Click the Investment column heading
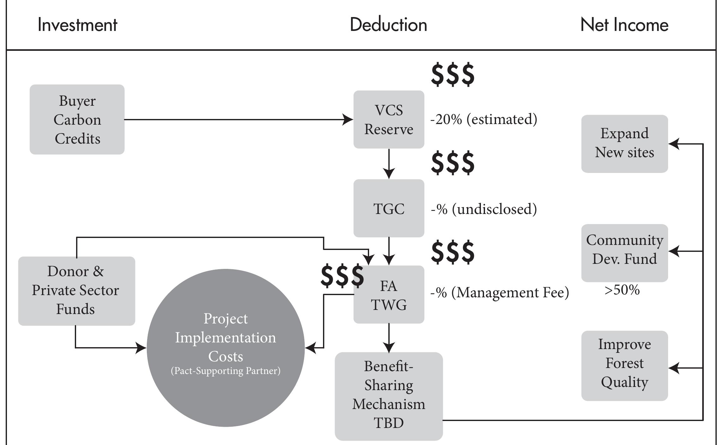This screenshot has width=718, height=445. [x=77, y=25]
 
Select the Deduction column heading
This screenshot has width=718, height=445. [x=388, y=25]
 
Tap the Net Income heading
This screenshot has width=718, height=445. [x=624, y=25]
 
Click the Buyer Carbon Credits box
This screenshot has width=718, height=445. [x=77, y=120]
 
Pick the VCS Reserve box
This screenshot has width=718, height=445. [x=389, y=120]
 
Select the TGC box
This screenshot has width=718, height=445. [x=389, y=208]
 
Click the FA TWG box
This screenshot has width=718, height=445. [x=389, y=295]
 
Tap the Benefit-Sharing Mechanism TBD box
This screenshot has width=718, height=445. [x=389, y=396]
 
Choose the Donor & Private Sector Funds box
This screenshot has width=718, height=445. [x=76, y=291]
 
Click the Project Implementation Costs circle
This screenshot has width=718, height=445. [x=225, y=338]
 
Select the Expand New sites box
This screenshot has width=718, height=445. [x=624, y=144]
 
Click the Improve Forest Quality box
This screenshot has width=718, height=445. [x=624, y=365]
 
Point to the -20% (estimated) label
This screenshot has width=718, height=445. [x=483, y=120]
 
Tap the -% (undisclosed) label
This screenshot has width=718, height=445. [x=483, y=209]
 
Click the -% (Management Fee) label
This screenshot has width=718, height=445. [x=500, y=293]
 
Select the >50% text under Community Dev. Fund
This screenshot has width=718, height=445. [x=622, y=290]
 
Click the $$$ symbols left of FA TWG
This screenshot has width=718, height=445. [x=342, y=276]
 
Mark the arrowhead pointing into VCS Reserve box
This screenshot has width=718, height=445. [x=348, y=120]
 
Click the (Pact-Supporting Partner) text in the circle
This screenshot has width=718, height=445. [x=225, y=371]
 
